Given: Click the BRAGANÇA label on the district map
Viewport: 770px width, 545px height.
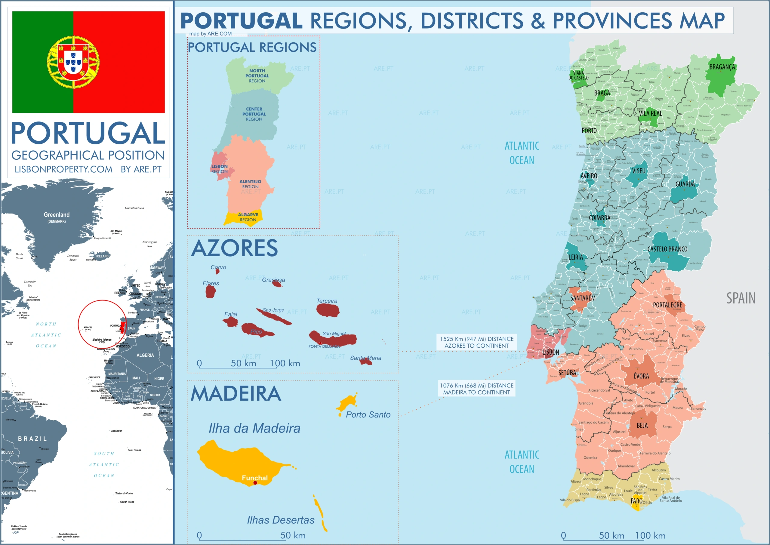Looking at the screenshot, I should pos(722,67).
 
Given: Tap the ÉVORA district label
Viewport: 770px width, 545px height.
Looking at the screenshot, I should pos(641,376).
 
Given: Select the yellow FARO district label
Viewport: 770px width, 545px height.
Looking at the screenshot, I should pos(636,501).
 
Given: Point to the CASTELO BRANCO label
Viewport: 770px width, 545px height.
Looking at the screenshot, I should pos(667,249).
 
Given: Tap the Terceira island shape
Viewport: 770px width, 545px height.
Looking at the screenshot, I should pos(328,310).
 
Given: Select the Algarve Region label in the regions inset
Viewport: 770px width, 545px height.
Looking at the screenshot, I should pos(248,217).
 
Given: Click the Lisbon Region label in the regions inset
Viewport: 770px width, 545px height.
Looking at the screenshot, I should pos(220,169).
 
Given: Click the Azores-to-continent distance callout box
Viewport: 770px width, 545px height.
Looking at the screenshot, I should pos(476,342).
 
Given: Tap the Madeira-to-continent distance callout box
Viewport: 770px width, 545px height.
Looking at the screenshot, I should pos(476,389).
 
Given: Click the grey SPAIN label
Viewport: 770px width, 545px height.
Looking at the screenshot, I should pos(741,298).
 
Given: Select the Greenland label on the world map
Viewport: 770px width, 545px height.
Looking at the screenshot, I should pos(57,215).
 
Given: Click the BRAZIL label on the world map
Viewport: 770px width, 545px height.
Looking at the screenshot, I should pos(32,439).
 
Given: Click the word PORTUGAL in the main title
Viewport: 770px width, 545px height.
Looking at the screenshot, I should pos(242,21).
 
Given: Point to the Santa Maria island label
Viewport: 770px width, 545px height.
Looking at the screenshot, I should pos(365,358).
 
